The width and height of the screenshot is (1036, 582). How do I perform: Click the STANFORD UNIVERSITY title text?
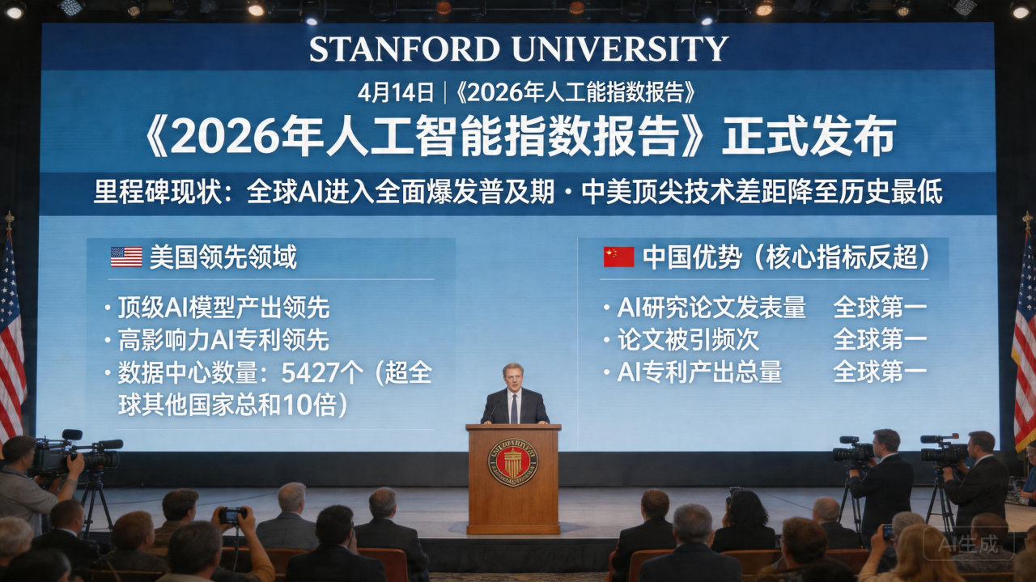point(518,49)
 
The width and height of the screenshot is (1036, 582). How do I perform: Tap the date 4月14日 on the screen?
point(396,92)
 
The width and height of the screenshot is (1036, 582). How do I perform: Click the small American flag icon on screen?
point(126,257)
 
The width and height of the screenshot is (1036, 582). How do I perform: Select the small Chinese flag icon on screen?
point(618,257)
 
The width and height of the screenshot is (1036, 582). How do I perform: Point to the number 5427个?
point(323,373)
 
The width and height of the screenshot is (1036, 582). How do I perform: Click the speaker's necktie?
point(514,408)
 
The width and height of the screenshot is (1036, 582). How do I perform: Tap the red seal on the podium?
point(512,463)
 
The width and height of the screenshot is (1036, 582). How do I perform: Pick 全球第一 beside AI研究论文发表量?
point(880,308)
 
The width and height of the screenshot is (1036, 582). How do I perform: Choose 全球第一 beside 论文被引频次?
point(880,339)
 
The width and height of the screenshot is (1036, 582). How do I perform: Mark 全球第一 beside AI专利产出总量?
point(880,372)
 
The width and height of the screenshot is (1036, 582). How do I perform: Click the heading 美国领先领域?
point(223,257)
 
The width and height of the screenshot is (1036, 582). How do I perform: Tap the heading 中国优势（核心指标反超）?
point(786,257)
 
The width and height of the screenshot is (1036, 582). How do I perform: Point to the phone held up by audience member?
point(232,515)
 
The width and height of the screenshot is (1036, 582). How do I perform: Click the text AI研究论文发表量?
point(711,308)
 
